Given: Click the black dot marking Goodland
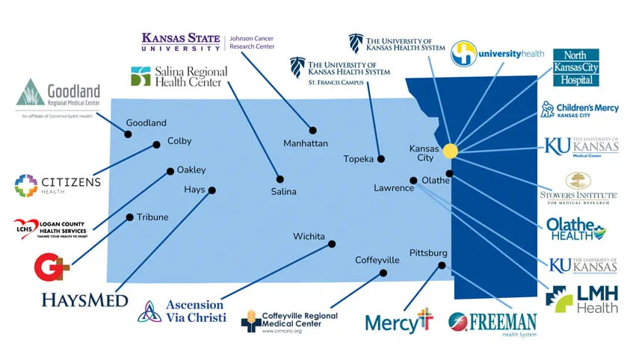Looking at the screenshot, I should coord(128,134).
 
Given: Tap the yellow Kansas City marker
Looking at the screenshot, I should coord(450,151).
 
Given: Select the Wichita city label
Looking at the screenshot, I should coord(309,237).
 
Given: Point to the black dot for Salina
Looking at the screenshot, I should coord(280,179).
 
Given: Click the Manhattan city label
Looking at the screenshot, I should coord(306,143).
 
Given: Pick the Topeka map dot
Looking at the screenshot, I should coord(381,159).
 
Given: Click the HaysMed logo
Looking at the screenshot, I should coord(84,300).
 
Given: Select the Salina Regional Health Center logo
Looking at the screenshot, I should coord(179,77).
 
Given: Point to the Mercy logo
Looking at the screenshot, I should coord(399,321).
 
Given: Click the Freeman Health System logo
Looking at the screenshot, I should coord(492,323).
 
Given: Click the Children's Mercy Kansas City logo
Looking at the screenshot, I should coord(580,110).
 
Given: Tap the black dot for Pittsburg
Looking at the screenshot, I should coord(442,265).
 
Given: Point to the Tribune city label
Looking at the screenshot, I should coord(152,217).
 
